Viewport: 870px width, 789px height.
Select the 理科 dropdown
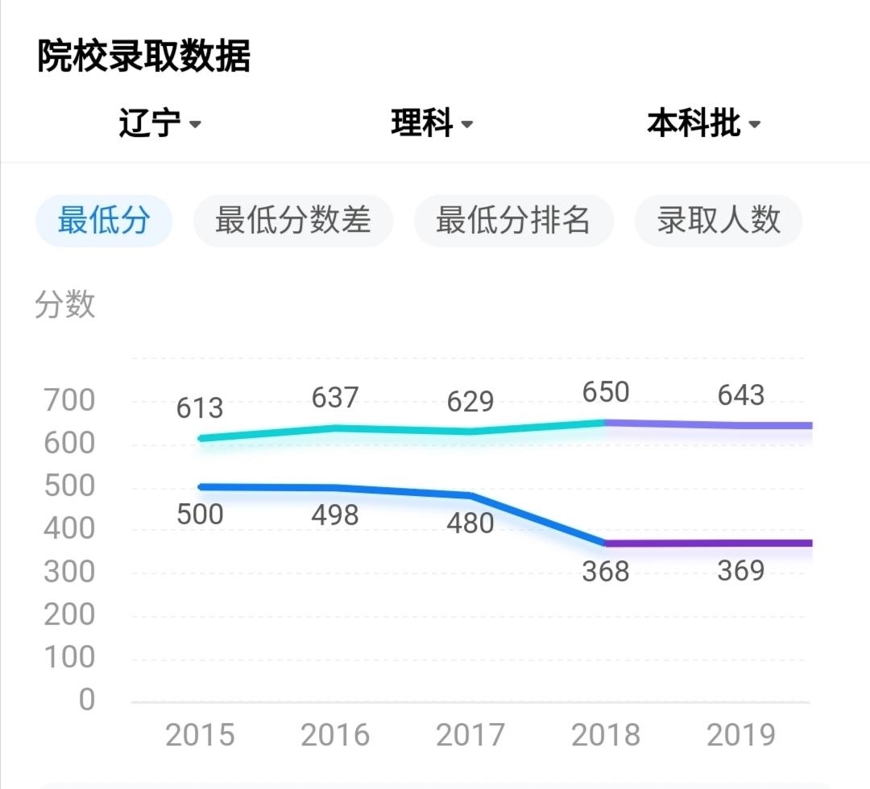432,124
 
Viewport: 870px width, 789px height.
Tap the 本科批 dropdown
703,124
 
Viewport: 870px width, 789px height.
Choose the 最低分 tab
104,220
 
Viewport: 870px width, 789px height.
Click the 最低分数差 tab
292,220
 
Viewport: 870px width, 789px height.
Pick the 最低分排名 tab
513,220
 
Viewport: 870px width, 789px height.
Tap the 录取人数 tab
719,220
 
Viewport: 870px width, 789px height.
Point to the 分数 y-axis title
65,305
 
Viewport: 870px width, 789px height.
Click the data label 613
200,408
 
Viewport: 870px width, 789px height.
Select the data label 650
605,392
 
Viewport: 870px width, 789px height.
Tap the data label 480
470,523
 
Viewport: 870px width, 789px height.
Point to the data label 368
605,572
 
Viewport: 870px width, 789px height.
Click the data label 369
740,571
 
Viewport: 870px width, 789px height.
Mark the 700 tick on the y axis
69,400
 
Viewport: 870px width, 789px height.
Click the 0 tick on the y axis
87,700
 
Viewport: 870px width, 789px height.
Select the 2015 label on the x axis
200,735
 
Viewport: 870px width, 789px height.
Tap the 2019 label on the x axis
740,735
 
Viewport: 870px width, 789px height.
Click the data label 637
335,398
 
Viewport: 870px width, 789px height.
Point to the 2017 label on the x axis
470,735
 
